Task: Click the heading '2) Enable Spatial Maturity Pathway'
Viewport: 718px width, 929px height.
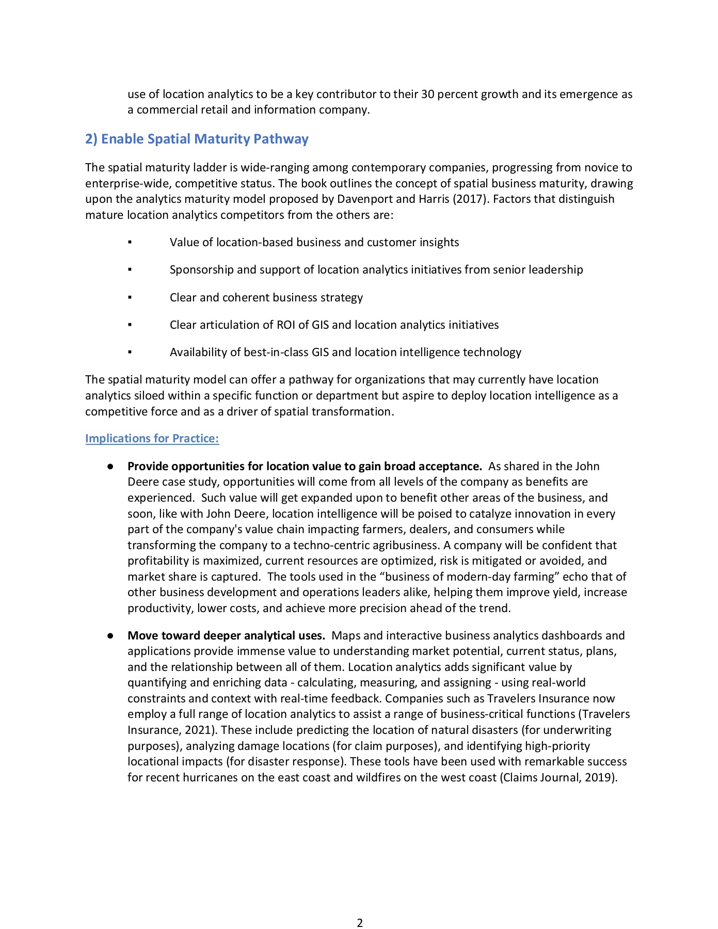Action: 197,139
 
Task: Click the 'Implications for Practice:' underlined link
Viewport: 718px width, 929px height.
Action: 152,438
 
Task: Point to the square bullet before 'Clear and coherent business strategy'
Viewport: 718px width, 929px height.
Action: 130,297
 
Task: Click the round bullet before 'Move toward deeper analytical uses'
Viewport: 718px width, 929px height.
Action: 110,636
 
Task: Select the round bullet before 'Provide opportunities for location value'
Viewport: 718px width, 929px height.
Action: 110,467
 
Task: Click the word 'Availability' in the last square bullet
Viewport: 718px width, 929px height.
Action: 198,352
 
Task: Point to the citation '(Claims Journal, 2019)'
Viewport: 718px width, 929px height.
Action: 557,777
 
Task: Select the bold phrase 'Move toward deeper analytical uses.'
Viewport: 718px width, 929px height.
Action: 226,635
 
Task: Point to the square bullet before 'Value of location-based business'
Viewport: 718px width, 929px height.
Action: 130,242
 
